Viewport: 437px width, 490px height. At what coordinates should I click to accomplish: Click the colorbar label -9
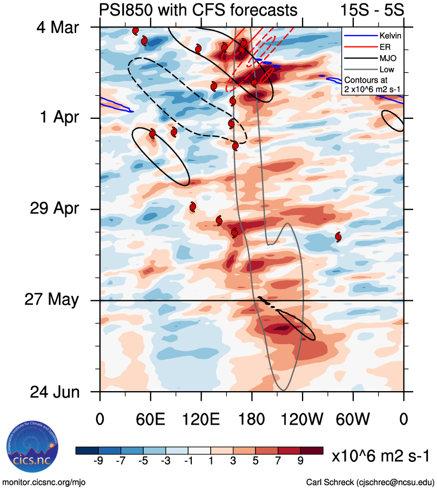coord(98,460)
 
